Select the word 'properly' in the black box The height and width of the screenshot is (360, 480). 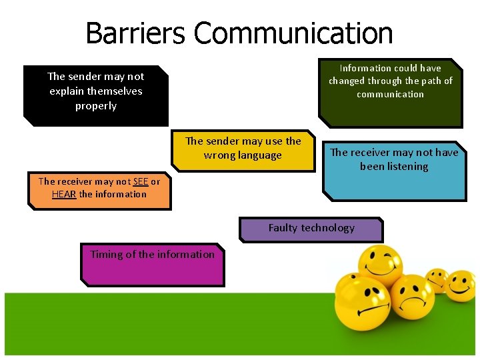point(96,106)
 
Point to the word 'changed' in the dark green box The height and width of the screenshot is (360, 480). point(347,81)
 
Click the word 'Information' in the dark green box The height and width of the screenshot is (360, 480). point(365,68)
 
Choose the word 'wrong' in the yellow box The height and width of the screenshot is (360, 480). point(219,156)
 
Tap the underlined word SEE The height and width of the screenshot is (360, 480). point(141,181)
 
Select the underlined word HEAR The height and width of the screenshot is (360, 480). point(64,195)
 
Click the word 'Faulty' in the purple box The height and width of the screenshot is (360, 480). point(283,228)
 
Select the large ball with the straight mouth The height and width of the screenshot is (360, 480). point(362,303)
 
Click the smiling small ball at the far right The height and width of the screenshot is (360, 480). point(460,285)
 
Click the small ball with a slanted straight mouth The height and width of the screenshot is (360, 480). point(437,280)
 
